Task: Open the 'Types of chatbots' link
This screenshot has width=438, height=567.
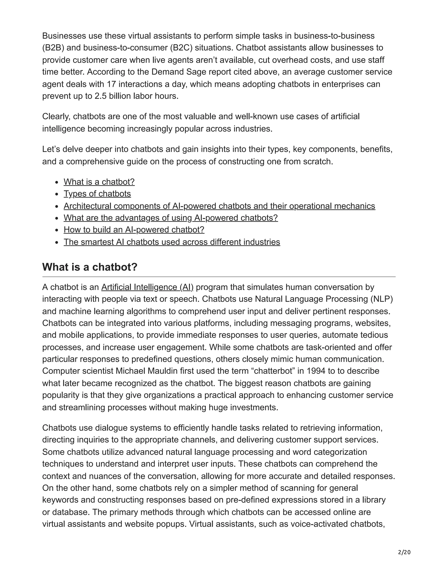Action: pyautogui.click(x=97, y=194)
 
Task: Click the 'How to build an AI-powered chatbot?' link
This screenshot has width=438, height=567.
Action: pyautogui.click(x=134, y=230)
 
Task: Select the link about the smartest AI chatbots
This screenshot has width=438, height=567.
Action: pyautogui.click(x=172, y=242)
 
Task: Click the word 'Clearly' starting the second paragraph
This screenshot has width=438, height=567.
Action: pyautogui.click(x=56, y=116)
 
